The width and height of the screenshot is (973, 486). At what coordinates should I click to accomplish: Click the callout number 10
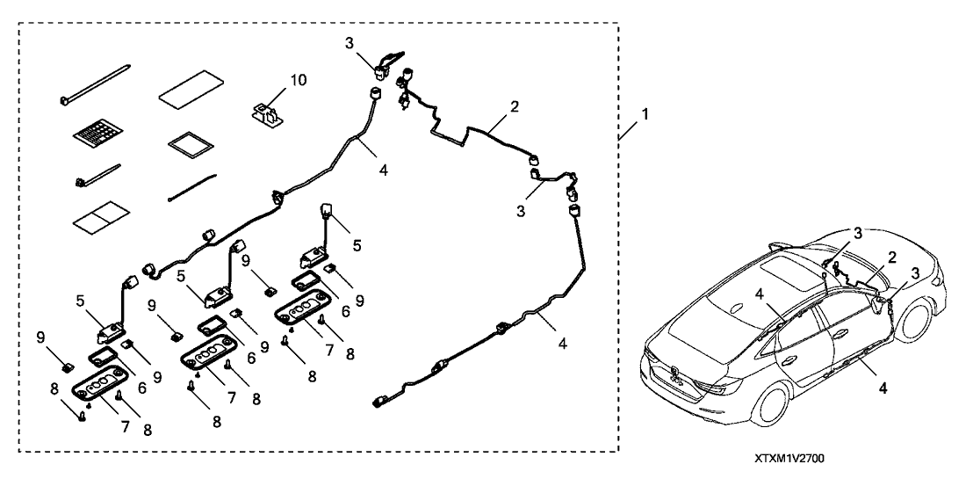(299, 81)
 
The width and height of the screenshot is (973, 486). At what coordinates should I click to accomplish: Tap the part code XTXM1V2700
(789, 459)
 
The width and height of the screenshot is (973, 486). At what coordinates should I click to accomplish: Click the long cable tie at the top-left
(95, 83)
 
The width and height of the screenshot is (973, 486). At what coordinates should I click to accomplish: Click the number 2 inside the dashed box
(515, 106)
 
